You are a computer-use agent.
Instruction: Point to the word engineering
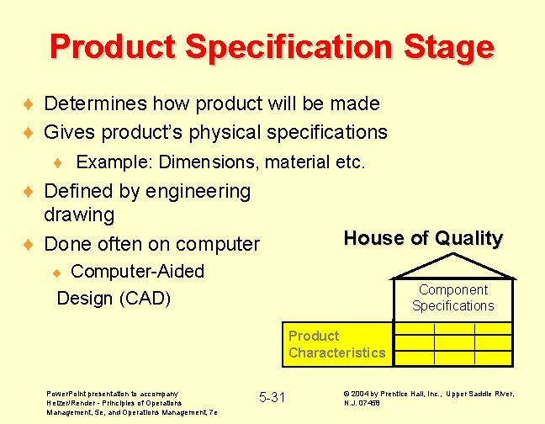pyautogui.click(x=198, y=192)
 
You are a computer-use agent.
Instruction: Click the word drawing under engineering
pyautogui.click(x=79, y=215)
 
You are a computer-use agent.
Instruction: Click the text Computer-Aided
pyautogui.click(x=137, y=272)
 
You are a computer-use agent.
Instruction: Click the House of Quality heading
pyautogui.click(x=423, y=239)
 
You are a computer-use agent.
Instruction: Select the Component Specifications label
pyautogui.click(x=452, y=298)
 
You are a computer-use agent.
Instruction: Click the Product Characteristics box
pyautogui.click(x=336, y=344)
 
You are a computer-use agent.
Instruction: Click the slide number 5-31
pyautogui.click(x=272, y=397)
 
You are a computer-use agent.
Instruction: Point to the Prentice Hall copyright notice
pyautogui.click(x=428, y=398)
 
